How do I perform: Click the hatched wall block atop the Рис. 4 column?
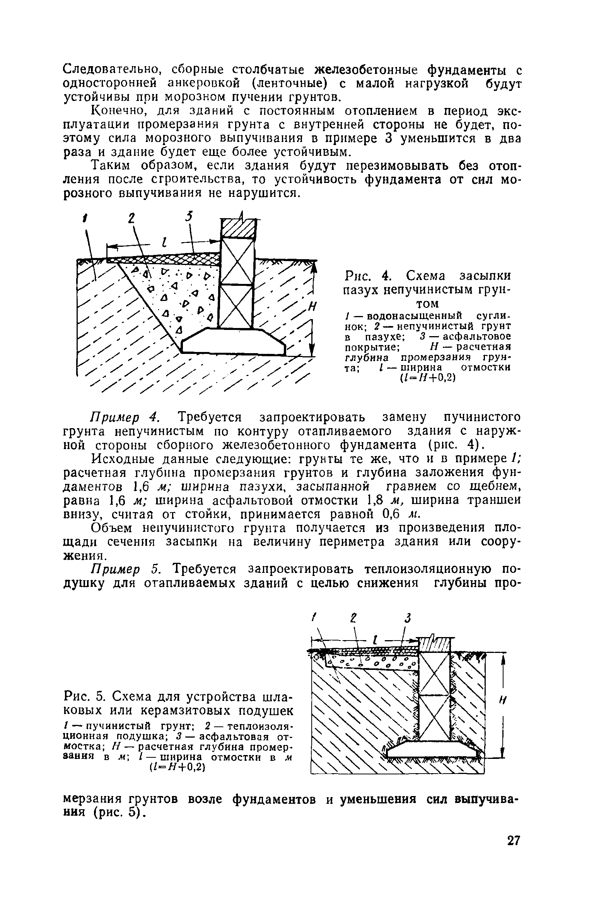point(238,229)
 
